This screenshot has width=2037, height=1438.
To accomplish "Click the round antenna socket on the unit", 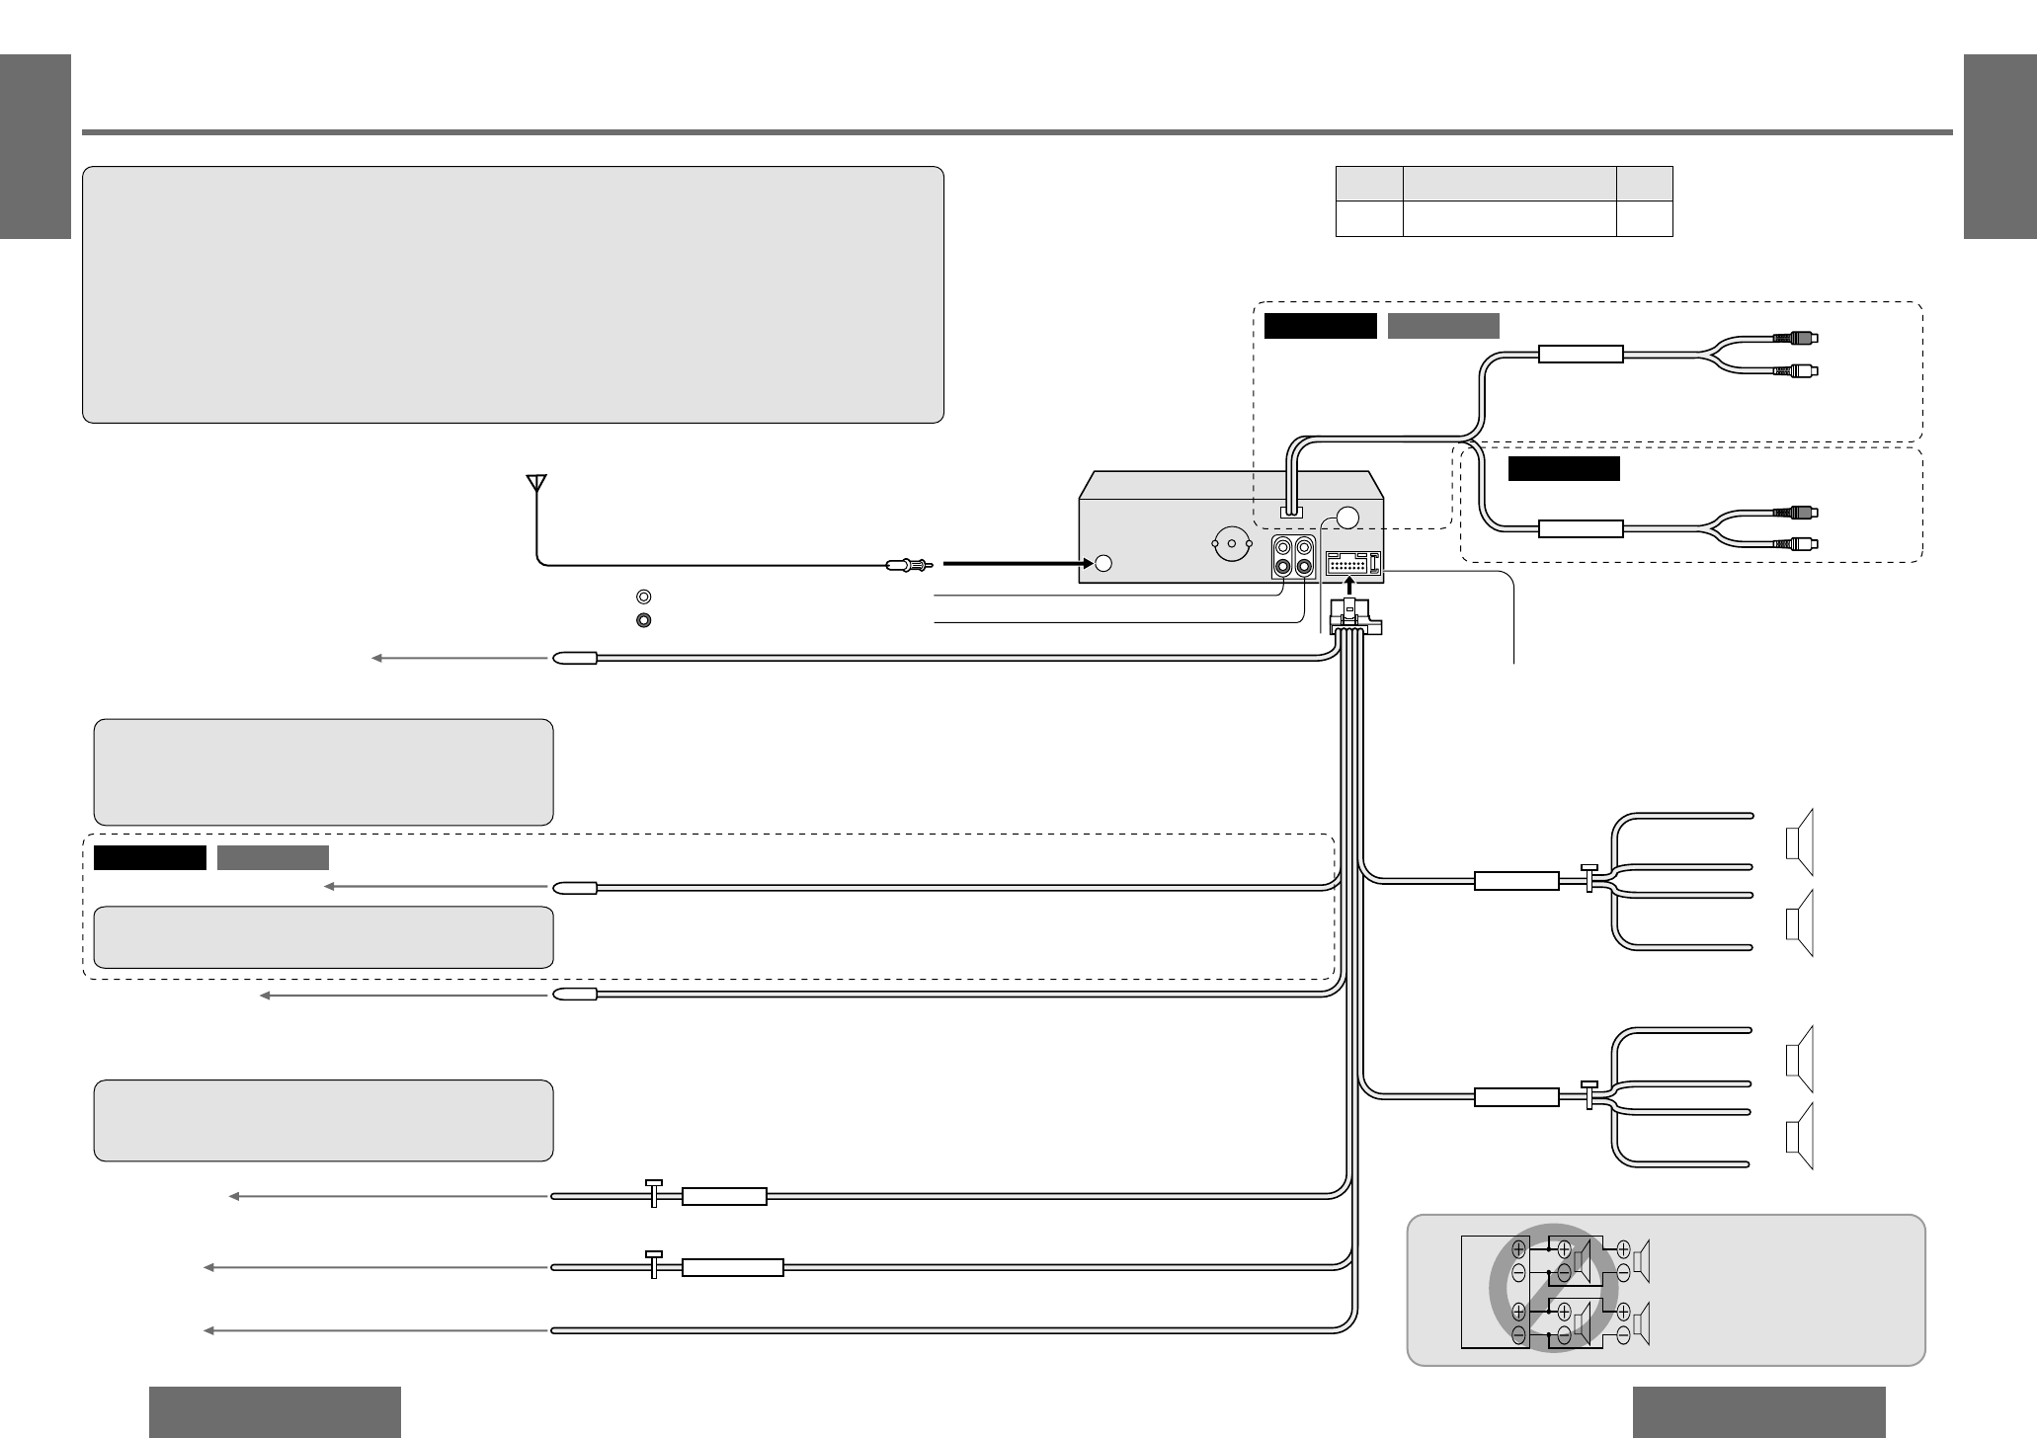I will pos(1103,563).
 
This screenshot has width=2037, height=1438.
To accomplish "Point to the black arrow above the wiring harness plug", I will pos(1349,589).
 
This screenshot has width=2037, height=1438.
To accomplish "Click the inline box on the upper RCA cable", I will pos(1581,355).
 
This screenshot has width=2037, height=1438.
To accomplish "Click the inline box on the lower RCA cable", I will pos(1581,529).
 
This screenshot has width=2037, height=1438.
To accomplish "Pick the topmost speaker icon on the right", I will pos(1800,841).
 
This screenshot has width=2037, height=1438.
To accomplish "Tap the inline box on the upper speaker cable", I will pos(1516,881).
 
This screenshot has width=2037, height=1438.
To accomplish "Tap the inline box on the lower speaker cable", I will pos(1516,1097).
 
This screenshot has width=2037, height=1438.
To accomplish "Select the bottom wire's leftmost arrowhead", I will pos(209,1331).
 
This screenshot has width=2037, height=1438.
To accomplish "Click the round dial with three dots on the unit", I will pos(1232,542).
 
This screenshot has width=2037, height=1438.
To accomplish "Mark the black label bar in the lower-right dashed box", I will pos(1564,468).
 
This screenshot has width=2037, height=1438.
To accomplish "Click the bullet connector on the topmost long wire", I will pos(574,657).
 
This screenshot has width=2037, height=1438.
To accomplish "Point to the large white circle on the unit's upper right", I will pos(1348,519).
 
